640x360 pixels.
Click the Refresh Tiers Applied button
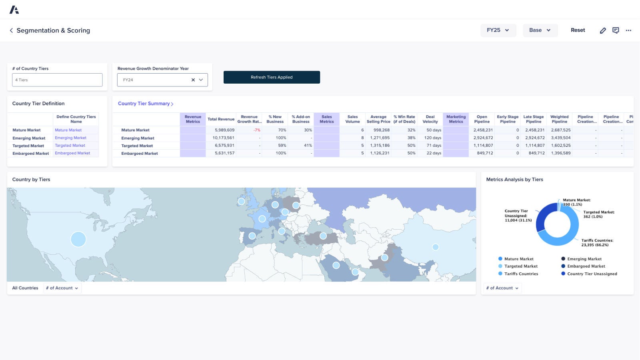tap(272, 77)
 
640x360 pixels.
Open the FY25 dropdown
tap(498, 30)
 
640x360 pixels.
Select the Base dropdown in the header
tap(540, 30)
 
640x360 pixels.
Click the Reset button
tap(578, 30)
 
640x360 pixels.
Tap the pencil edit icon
tap(603, 30)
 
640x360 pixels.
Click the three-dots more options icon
tap(628, 30)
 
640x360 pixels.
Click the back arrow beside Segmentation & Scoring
tap(11, 30)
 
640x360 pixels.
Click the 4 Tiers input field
tap(57, 80)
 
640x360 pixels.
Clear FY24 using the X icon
tap(193, 80)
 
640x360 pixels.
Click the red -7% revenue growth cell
tap(256, 130)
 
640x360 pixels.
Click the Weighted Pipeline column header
tap(559, 119)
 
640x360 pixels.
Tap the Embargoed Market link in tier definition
tap(72, 153)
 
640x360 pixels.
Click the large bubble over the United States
tap(78, 239)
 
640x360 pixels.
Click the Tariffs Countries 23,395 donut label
tap(597, 243)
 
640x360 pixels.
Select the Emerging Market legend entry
tap(584, 259)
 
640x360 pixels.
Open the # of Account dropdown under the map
tap(62, 288)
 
